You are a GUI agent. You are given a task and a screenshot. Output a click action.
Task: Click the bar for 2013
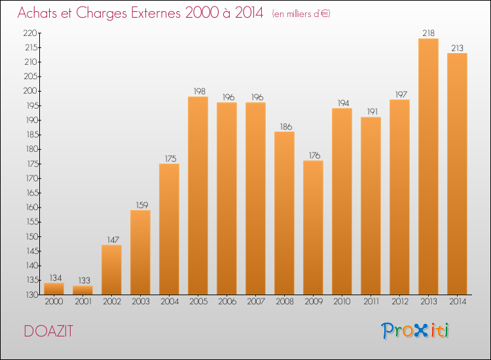[x=428, y=166]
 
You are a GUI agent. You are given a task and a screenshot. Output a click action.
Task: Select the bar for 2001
[x=82, y=290]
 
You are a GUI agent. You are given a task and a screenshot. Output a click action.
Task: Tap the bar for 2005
[x=198, y=196]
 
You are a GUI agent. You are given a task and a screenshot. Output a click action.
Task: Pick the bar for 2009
[x=313, y=228]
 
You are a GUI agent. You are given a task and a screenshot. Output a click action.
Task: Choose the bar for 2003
[x=140, y=252]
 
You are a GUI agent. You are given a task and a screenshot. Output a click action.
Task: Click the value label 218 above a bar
[x=428, y=33]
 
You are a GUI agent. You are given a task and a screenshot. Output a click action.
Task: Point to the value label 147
[x=111, y=239]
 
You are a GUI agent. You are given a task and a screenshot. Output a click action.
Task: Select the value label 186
[x=284, y=126]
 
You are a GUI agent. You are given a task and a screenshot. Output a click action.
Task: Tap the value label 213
[x=457, y=47]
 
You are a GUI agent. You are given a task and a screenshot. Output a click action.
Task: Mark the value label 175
[x=169, y=158]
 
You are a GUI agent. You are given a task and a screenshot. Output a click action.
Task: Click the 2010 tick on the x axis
[x=342, y=301]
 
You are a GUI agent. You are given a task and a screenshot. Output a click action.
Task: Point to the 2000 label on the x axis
[x=54, y=301]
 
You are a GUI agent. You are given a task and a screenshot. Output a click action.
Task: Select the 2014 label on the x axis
[x=457, y=301]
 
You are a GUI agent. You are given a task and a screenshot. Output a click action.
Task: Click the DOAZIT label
[x=48, y=331]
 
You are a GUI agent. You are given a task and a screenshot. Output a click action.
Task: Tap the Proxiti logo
[x=415, y=331]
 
